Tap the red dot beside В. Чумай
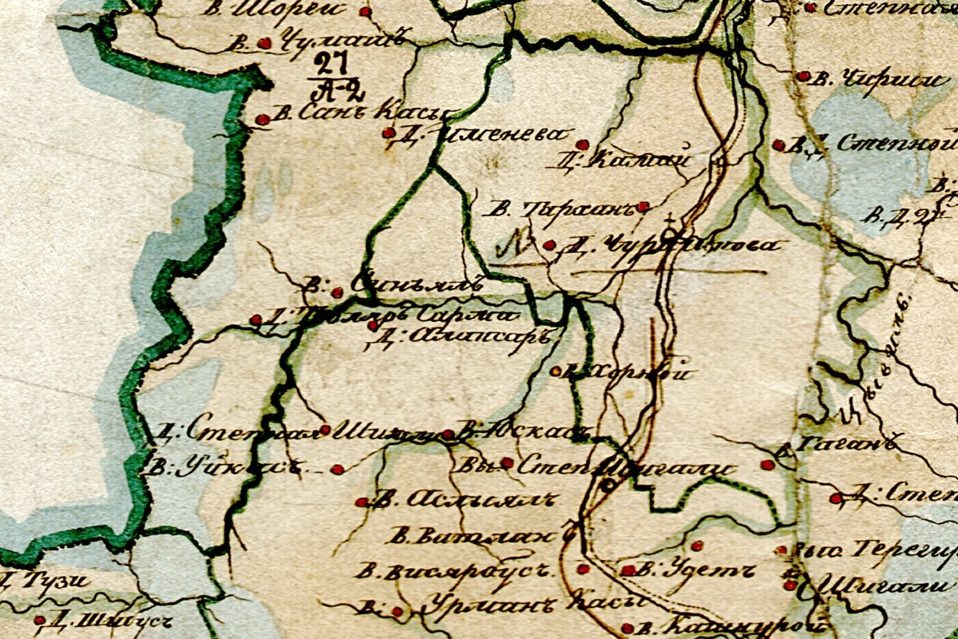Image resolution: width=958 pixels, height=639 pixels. (x=264, y=43)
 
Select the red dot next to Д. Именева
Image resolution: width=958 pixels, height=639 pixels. (x=388, y=133)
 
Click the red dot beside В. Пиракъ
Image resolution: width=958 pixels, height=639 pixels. (x=643, y=206)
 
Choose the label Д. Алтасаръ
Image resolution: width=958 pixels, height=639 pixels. (x=458, y=336)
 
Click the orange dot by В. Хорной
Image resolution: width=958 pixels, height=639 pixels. (x=556, y=371)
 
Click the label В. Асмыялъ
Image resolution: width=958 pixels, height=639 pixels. (x=463, y=501)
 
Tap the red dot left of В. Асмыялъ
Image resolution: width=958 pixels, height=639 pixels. (x=361, y=502)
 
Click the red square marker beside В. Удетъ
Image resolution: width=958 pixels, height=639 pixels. (x=627, y=570)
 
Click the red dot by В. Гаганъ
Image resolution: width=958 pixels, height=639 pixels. (x=767, y=464)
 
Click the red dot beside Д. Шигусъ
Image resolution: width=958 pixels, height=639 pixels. (x=39, y=620)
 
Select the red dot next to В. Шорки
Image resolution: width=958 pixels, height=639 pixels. (x=365, y=12)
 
